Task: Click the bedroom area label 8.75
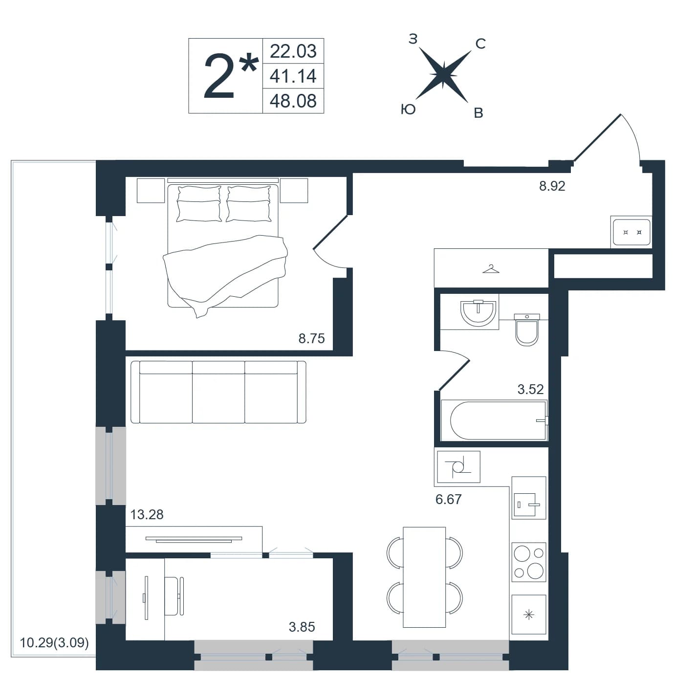(311, 338)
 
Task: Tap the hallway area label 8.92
(552, 186)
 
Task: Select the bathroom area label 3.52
(530, 389)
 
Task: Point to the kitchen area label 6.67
(448, 499)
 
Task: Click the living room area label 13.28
(147, 514)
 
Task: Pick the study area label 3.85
(302, 627)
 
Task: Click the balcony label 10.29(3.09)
(54, 642)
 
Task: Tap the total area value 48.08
(293, 101)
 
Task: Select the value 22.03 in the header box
(293, 51)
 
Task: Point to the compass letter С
(480, 44)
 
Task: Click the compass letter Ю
(408, 110)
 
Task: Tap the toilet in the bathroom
(527, 330)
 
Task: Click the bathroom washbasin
(478, 313)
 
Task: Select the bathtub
(494, 421)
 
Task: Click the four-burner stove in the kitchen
(529, 562)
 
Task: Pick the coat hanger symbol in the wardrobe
(491, 269)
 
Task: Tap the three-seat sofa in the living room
(218, 392)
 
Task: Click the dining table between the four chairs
(424, 577)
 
